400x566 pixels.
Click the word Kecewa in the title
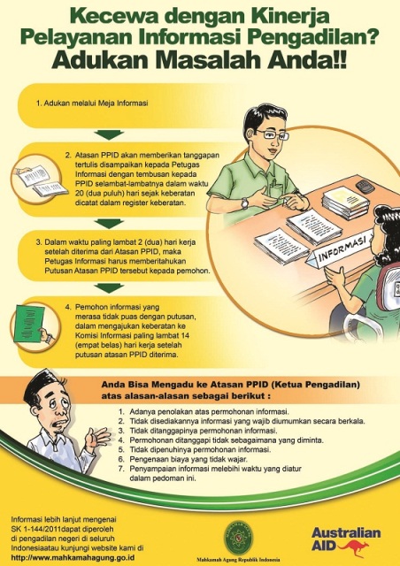pyautogui.click(x=104, y=17)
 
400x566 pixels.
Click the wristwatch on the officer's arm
pyautogui.click(x=245, y=202)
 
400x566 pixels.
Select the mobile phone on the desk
pyautogui.click(x=362, y=186)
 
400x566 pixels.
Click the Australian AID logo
pyautogui.click(x=345, y=537)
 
